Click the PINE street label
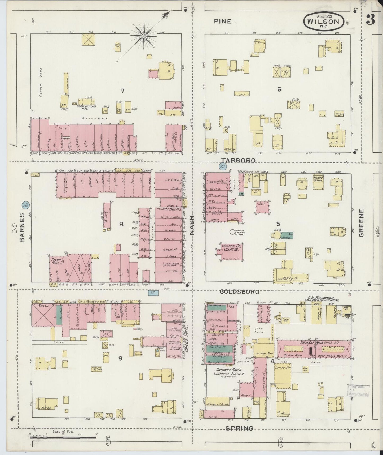[223, 21]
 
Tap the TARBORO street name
[239, 160]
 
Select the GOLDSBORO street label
[240, 292]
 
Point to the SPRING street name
[239, 428]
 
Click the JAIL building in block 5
[262, 206]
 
